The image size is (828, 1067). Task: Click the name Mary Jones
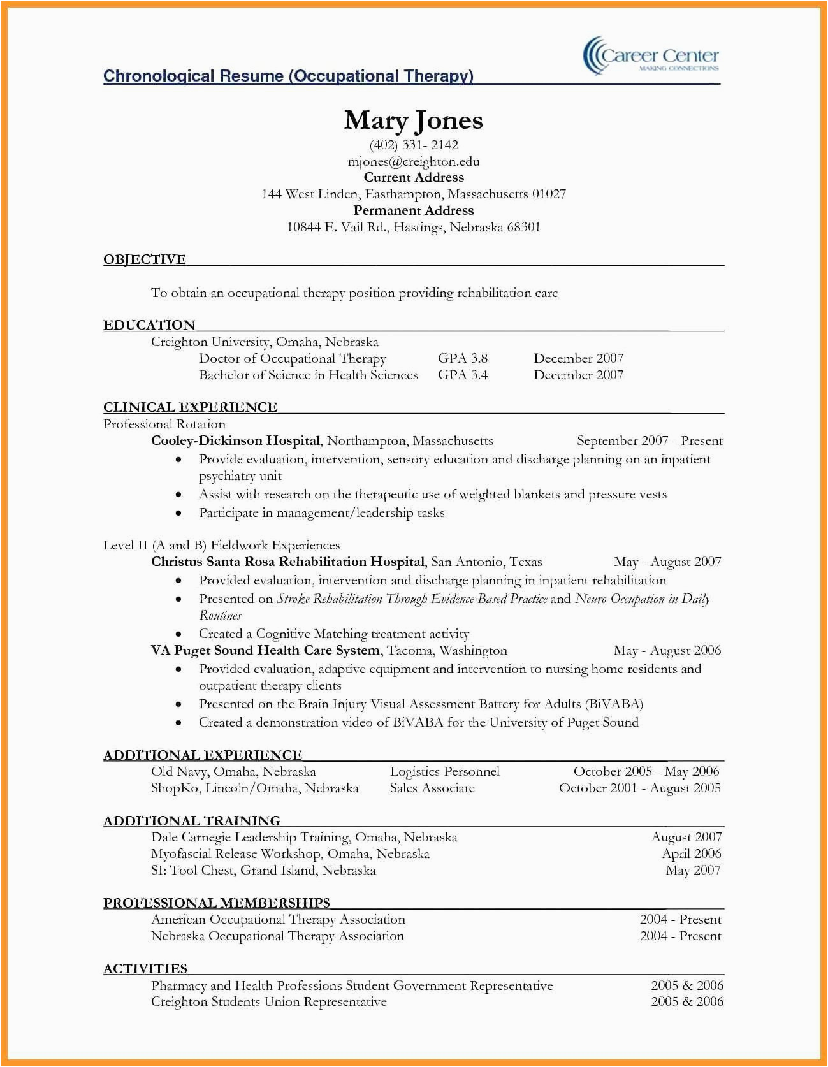click(413, 120)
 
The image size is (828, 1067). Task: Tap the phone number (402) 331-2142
click(414, 145)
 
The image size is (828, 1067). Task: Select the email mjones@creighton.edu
click(414, 162)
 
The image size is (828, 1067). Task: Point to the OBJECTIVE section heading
click(145, 259)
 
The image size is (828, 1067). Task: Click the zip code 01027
click(549, 194)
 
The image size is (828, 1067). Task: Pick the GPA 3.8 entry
click(462, 359)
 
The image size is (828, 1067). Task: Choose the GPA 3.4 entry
click(462, 375)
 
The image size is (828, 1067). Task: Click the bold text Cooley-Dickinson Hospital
click(235, 441)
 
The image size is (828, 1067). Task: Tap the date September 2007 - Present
click(649, 441)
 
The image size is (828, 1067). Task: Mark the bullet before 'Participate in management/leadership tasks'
click(178, 514)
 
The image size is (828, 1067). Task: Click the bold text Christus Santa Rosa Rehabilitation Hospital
click(287, 562)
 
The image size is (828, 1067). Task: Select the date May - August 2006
click(667, 651)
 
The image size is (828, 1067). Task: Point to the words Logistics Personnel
click(444, 772)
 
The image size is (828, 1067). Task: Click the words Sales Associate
click(432, 788)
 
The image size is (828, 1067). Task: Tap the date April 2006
click(691, 854)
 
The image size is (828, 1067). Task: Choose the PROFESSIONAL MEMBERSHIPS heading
click(217, 903)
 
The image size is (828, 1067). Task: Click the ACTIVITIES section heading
click(145, 969)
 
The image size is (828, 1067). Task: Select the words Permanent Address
click(414, 211)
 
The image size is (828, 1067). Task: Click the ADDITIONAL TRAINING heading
click(192, 821)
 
